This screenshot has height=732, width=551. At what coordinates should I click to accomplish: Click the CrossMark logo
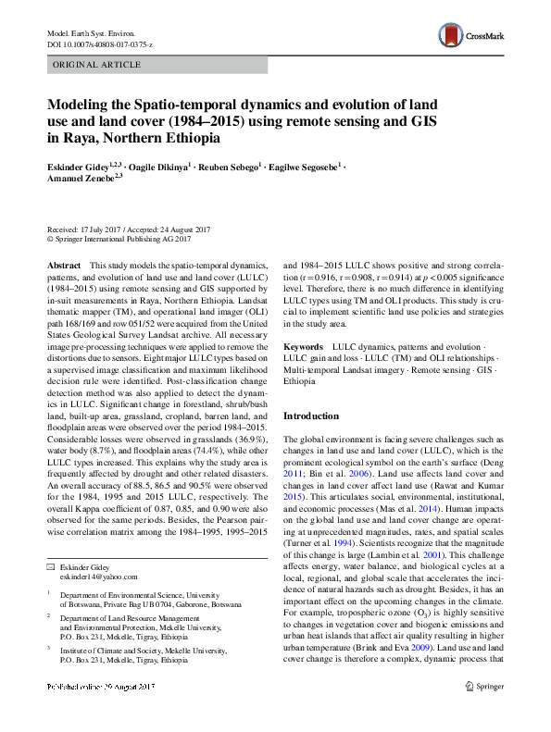tap(471, 37)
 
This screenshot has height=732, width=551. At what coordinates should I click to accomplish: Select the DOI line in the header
tap(99, 43)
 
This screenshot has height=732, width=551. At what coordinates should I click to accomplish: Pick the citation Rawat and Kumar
tap(463, 483)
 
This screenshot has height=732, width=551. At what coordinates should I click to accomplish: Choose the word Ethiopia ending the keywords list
tap(299, 380)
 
